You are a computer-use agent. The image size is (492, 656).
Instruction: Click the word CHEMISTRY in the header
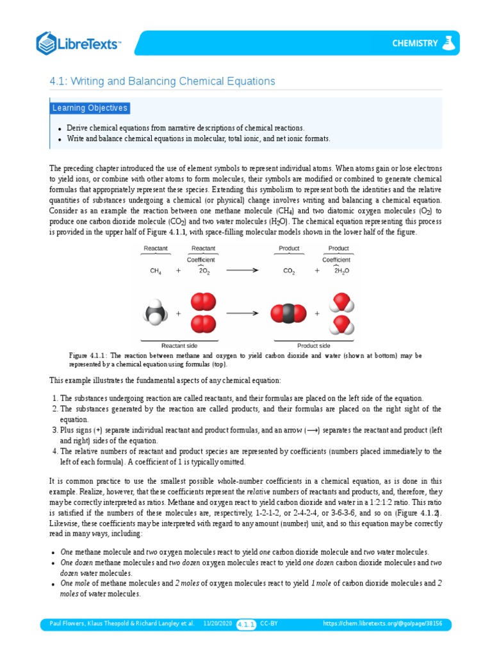coord(415,44)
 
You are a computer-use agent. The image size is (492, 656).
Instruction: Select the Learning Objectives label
coord(90,108)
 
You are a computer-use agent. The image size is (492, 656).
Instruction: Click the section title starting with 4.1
coord(162,81)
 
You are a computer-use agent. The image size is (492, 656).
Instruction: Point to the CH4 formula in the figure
coord(156,271)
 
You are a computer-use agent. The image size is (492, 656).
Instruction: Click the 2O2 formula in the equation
coord(204,271)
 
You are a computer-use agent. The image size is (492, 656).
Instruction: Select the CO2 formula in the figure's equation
coord(289,271)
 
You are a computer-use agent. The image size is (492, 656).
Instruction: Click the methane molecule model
coord(155,314)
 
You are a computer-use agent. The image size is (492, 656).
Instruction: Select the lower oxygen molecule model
coord(203,324)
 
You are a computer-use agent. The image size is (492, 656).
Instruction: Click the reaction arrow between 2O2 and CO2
coord(242,270)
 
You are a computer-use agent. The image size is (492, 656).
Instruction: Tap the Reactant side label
coord(178,345)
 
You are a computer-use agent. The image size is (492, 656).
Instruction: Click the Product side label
coord(313,345)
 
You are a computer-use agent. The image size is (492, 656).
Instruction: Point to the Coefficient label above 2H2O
coord(336,259)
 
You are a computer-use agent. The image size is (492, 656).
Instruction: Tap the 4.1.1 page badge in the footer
coord(247,623)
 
